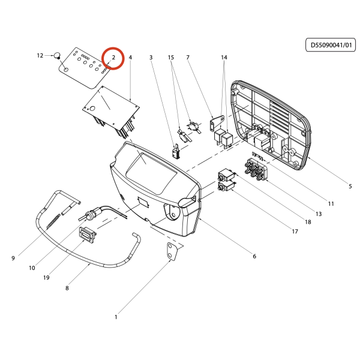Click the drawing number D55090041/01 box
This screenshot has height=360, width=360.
coord(331,45)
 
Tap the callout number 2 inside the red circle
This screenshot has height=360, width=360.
coord(113,58)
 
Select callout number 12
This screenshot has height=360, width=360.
coord(40,56)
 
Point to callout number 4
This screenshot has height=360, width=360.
coord(130,58)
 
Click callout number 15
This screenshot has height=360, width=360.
coord(171,58)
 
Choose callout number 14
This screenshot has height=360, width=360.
coord(224,58)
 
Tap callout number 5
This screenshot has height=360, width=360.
coord(350,186)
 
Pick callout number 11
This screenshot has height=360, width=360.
coord(331,203)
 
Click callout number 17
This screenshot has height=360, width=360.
coord(295,232)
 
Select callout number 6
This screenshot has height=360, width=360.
coord(254,256)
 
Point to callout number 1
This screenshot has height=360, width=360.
coord(116,317)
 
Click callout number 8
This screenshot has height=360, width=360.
coord(67,288)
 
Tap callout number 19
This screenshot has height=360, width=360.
coord(46,278)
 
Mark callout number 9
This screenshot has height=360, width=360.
coord(13,258)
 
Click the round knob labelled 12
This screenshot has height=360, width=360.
coord(57,55)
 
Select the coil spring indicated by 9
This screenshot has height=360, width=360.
coord(53,221)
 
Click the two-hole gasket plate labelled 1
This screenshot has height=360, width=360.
coord(172,251)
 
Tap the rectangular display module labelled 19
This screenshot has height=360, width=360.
coord(87,235)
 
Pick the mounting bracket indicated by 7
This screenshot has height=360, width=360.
coord(217,122)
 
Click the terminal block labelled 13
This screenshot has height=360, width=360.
coord(256,169)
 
